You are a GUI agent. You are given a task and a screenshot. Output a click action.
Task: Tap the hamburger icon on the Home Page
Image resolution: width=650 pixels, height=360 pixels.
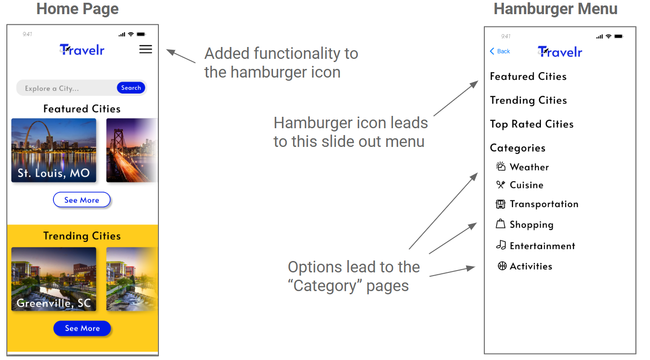146,49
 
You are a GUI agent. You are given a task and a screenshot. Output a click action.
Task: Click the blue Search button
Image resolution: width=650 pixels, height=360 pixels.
131,88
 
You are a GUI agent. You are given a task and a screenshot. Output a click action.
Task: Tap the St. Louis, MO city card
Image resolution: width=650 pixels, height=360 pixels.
54,150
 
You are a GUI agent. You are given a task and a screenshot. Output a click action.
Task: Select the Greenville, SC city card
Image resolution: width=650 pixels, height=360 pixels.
54,279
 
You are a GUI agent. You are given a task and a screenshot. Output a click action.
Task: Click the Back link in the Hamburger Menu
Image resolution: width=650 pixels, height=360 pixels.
500,51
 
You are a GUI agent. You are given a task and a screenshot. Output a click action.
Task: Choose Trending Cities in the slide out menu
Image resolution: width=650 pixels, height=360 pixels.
528,100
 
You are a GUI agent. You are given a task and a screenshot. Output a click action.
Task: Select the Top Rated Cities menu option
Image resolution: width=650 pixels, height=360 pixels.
531,124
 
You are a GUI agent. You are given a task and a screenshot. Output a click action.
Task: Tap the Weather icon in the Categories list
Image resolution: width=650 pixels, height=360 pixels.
501,167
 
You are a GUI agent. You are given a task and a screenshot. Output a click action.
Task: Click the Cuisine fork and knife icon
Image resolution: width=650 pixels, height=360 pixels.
501,185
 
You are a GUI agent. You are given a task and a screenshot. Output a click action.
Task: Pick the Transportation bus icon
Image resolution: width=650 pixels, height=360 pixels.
501,204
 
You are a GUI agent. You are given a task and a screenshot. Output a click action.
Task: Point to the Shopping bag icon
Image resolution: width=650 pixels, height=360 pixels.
501,224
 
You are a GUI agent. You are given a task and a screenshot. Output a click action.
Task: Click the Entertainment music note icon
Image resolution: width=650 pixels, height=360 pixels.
501,245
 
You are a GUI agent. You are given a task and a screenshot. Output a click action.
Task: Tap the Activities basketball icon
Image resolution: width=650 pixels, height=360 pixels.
502,266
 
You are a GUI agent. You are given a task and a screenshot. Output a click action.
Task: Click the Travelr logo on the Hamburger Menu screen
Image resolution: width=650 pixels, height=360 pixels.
560,52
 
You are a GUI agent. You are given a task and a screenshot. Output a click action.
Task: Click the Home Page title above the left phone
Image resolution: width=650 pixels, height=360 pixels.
78,9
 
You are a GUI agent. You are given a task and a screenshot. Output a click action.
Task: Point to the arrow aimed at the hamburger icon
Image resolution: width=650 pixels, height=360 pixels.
181,56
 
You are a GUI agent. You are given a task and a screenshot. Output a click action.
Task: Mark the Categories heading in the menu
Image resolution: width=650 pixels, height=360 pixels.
518,148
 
